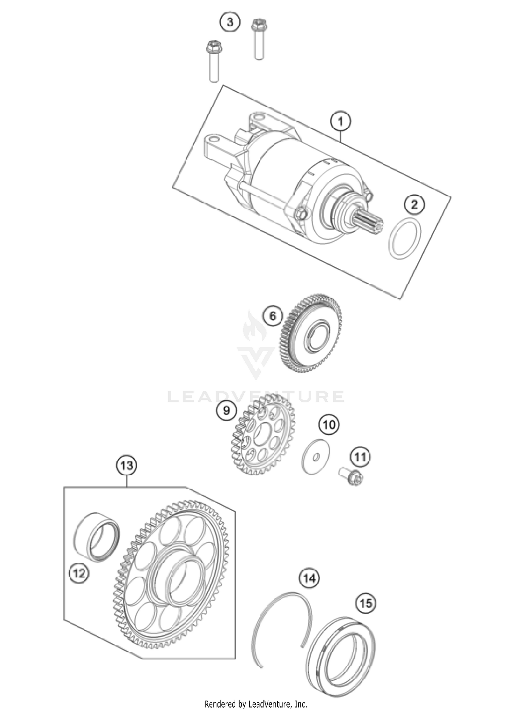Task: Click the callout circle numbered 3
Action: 230,23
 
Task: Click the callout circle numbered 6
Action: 273,316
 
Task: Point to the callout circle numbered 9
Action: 227,411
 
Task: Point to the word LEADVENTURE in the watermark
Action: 256,397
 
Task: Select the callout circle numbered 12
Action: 79,573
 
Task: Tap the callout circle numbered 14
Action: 310,578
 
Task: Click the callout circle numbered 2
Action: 414,205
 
